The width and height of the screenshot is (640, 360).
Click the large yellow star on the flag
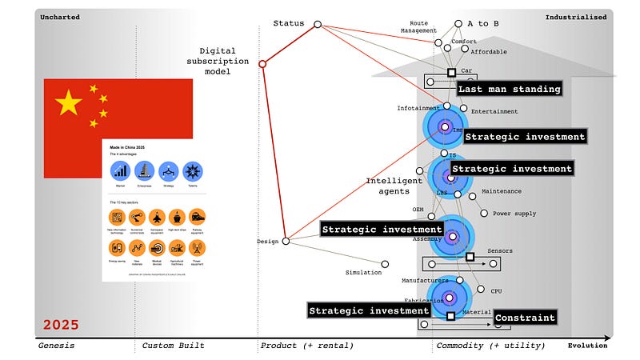pos(70,102)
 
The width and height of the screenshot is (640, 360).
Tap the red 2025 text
pos(61,325)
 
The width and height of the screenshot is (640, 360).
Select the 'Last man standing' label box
pos(509,89)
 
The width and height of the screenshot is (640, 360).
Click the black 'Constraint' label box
pos(524,318)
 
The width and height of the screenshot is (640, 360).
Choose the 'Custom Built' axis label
pos(173,346)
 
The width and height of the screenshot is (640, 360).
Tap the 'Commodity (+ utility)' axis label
pos(490,346)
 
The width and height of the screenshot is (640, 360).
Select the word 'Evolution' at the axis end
pos(587,346)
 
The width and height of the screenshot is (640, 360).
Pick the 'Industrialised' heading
pos(576,17)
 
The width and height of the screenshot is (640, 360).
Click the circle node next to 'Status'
pos(318,25)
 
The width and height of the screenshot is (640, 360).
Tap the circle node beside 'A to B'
pos(458,24)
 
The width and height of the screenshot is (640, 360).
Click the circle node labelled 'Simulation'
pos(385,264)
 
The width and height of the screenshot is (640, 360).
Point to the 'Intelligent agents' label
pos(394,186)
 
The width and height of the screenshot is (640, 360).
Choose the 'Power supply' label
pos(514,214)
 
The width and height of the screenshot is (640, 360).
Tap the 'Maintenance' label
pos(501,191)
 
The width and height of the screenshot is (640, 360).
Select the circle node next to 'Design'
pos(286,240)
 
